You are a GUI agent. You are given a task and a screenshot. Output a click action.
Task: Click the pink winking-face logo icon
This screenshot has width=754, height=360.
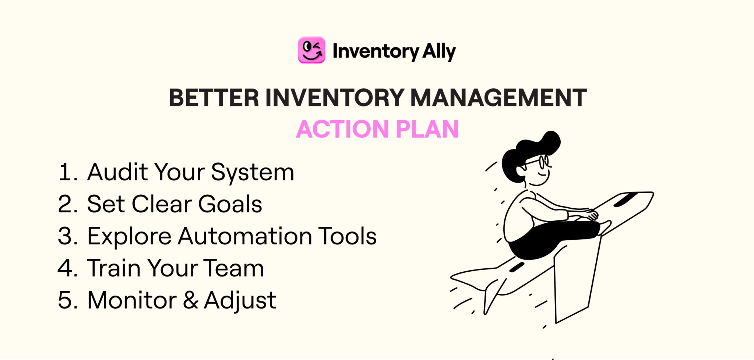pos(311,50)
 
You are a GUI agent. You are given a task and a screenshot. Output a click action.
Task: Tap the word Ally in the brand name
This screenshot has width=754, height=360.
pos(439,51)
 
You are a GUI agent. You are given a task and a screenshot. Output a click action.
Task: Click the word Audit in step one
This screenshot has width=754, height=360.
pos(117,172)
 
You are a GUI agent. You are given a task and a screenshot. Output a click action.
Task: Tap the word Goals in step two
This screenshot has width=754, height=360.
pos(230,204)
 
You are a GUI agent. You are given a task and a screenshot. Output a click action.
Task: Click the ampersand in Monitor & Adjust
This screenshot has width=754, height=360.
pos(190,300)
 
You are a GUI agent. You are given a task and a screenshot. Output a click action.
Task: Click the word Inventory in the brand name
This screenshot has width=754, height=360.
pos(376,51)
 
